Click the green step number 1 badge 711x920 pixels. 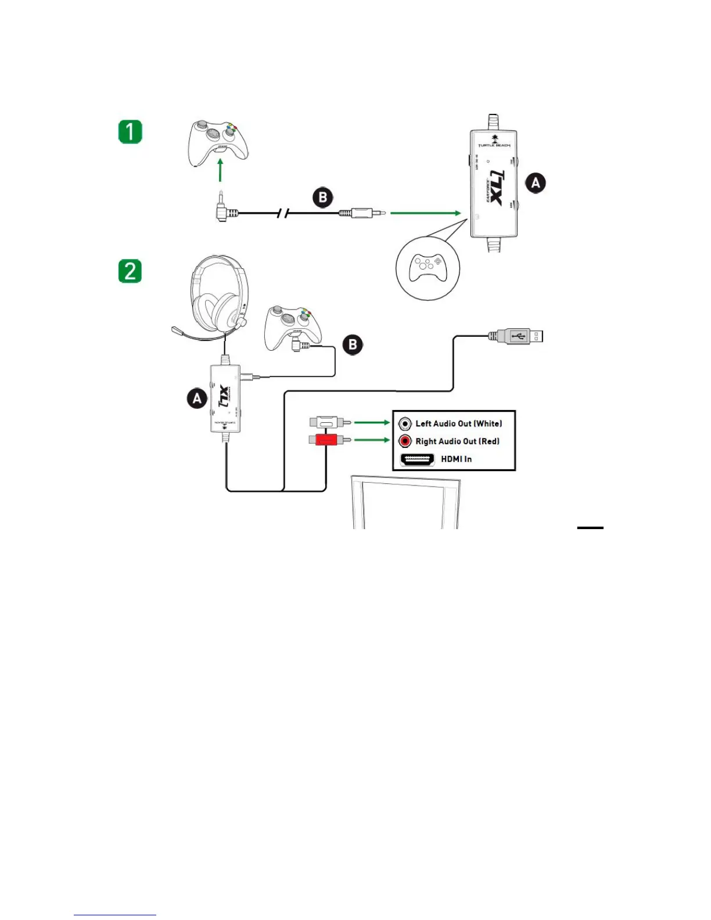pos(130,131)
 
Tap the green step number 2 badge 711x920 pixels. pos(130,271)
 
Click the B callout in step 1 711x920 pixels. pos(323,197)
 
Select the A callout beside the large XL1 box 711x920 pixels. pos(536,183)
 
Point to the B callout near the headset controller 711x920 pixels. pos(353,344)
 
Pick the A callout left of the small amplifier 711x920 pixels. pos(198,398)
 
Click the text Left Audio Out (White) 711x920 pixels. pos(458,423)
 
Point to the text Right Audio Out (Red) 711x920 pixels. pos(457,441)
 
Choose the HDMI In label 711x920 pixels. pos(456,459)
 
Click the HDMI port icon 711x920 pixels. pos(418,459)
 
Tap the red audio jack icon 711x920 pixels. pos(405,441)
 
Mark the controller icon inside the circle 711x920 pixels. pos(428,268)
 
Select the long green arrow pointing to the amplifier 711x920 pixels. pos(425,213)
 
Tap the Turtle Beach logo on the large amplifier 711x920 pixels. pos(494,141)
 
